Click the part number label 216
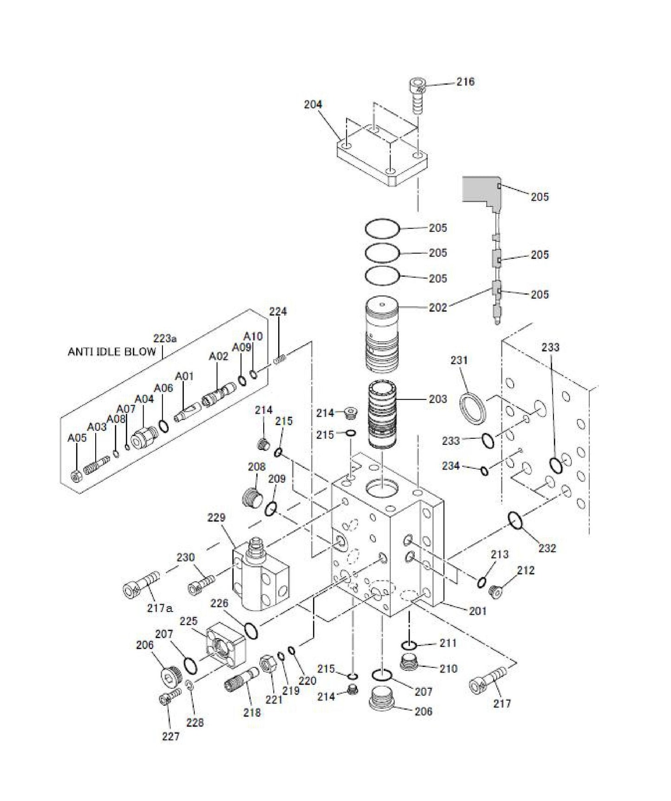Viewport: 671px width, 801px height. [465, 82]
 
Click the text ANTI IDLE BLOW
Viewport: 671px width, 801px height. [112, 352]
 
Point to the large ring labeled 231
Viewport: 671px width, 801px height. [474, 407]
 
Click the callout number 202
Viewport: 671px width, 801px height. [438, 307]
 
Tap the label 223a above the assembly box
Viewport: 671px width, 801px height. [165, 339]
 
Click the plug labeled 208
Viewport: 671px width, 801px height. [253, 499]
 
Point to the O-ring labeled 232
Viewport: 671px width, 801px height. [515, 521]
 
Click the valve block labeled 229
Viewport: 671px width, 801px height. [260, 576]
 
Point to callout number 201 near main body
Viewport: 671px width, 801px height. [477, 611]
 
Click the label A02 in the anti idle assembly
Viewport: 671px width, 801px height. [218, 356]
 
